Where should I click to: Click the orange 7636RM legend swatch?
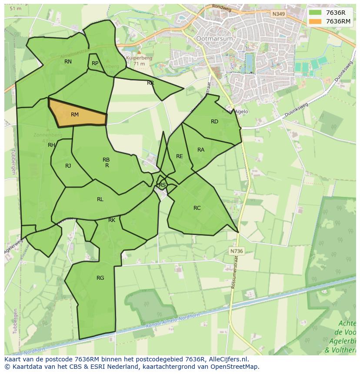pyautogui.click(x=316, y=22)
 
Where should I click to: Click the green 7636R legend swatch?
pyautogui.click(x=316, y=13)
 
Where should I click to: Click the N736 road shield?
pyautogui.click(x=237, y=251)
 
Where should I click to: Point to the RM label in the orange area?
pyautogui.click(x=75, y=115)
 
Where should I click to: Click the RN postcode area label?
pyautogui.click(x=68, y=62)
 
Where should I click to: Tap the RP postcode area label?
pyautogui.click(x=95, y=63)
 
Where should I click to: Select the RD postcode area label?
pyautogui.click(x=214, y=122)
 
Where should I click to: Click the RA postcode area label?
pyautogui.click(x=201, y=150)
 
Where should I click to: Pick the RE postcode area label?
pyautogui.click(x=179, y=156)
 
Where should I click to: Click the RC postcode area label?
pyautogui.click(x=197, y=208)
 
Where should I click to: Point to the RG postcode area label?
pyautogui.click(x=100, y=278)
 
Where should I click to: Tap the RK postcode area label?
pyautogui.click(x=112, y=220)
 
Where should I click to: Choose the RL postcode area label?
pyautogui.click(x=100, y=199)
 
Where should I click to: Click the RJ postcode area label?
pyautogui.click(x=68, y=166)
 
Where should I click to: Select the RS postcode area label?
pyautogui.click(x=162, y=185)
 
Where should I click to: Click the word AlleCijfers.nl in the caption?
pyautogui.click(x=227, y=359)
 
